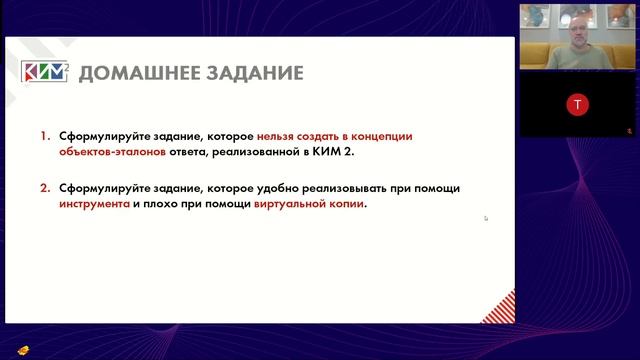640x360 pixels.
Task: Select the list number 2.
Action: (x=45, y=188)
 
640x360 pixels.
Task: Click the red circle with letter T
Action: (x=577, y=104)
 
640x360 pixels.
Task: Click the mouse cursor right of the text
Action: (x=486, y=217)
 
